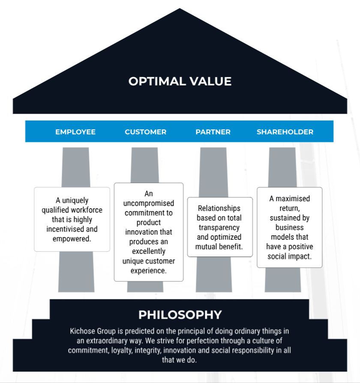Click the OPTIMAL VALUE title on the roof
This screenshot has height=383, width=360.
(180, 81)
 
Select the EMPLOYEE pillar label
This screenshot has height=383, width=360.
(75, 132)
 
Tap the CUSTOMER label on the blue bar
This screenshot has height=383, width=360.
(146, 132)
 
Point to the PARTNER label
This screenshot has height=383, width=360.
(213, 132)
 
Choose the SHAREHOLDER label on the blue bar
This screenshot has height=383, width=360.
(285, 132)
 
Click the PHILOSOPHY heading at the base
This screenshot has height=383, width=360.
(180, 315)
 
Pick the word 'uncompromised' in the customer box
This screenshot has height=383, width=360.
(148, 203)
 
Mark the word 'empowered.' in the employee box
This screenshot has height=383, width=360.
(72, 238)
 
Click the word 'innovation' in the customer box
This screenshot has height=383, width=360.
(148, 232)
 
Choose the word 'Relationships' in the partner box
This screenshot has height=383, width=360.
(219, 208)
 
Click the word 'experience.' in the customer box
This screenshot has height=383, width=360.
(148, 271)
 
